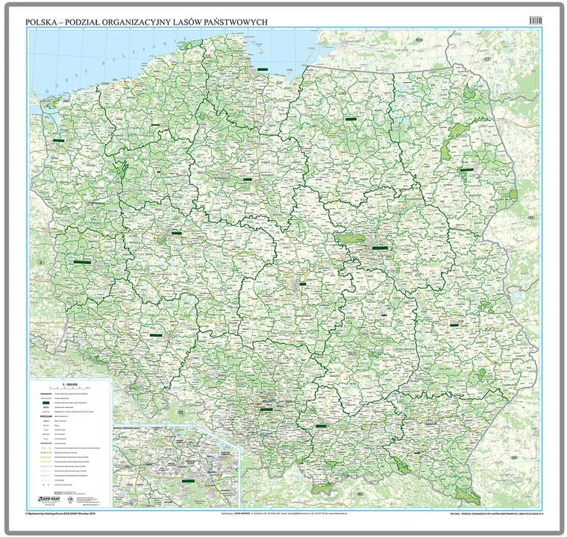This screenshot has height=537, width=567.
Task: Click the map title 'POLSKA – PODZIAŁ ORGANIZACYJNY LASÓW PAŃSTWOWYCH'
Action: [x=147, y=22]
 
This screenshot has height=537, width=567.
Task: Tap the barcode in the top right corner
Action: [x=533, y=21]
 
